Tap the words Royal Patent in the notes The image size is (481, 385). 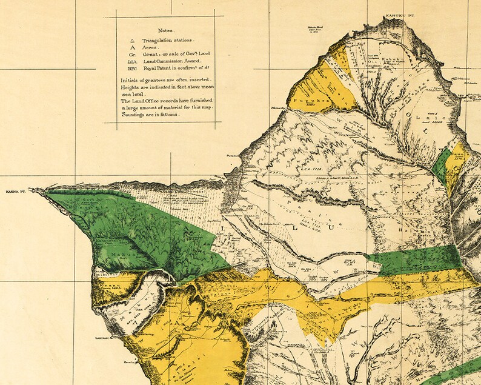157,70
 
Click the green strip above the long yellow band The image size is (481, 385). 418,259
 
